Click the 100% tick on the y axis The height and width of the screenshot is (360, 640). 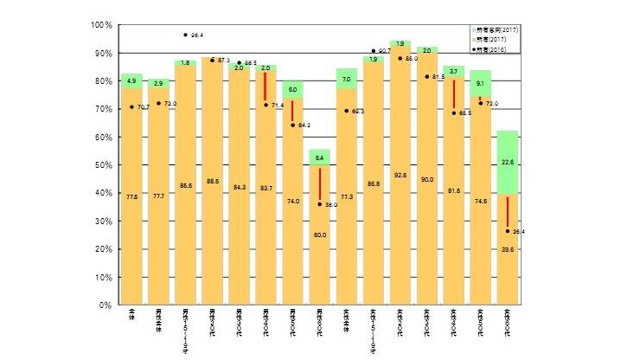(x=100, y=25)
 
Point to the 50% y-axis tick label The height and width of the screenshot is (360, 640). (x=102, y=165)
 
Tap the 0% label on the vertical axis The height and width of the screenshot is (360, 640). (x=105, y=305)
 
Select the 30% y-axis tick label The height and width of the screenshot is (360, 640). (x=102, y=222)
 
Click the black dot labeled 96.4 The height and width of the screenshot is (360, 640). (x=185, y=35)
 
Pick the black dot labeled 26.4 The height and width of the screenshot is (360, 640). (x=507, y=231)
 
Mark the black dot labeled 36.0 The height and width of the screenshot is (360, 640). (x=319, y=204)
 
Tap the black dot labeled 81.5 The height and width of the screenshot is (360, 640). (x=426, y=76)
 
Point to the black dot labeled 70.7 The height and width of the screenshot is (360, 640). (x=131, y=107)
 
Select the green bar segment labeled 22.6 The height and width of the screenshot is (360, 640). (x=507, y=162)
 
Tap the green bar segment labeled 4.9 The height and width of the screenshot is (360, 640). (x=131, y=80)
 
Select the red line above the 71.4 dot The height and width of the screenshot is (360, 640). (x=266, y=87)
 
